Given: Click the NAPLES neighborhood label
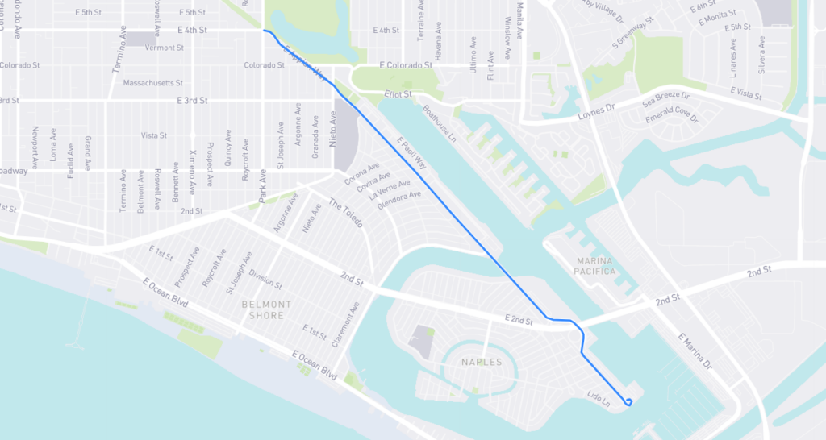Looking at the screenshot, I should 482,363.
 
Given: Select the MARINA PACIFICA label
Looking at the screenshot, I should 596,266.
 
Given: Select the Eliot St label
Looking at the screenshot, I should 398,94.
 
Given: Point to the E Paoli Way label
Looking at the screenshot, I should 411,153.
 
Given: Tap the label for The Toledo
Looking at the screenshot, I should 345,211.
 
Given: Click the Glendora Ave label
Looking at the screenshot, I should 399,199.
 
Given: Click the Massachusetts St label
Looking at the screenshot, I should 153,83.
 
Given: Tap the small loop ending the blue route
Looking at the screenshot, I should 628,401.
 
